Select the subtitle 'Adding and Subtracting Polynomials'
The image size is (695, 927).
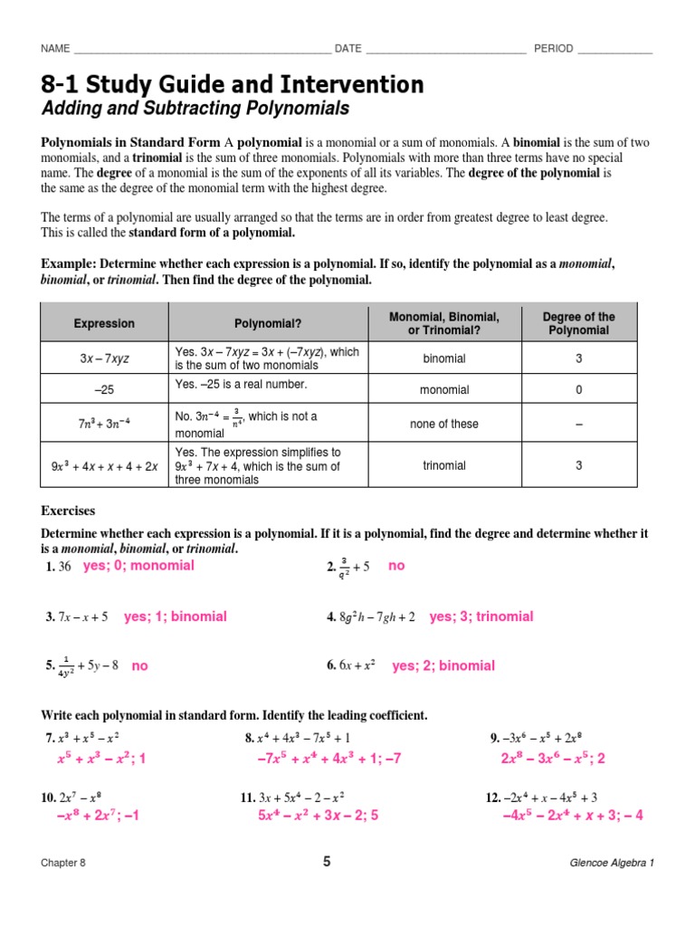point(195,110)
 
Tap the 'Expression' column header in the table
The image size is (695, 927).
point(104,323)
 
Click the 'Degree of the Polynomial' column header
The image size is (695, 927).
point(578,323)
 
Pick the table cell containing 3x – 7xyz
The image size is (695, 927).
point(104,358)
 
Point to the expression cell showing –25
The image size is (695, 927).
point(104,390)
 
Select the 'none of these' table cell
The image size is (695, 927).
point(443,424)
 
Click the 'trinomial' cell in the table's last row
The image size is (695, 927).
point(443,465)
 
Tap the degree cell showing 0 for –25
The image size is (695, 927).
point(578,390)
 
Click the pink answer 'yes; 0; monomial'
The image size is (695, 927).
point(138,566)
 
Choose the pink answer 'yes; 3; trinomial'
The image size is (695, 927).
point(481,616)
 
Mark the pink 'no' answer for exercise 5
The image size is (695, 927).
point(139,665)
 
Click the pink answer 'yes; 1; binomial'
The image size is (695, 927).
point(176,616)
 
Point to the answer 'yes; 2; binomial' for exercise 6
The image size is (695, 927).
point(443,665)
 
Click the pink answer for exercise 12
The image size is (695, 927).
point(573,815)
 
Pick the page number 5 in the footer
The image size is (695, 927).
point(327,862)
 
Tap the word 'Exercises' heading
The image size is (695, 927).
point(68,511)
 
